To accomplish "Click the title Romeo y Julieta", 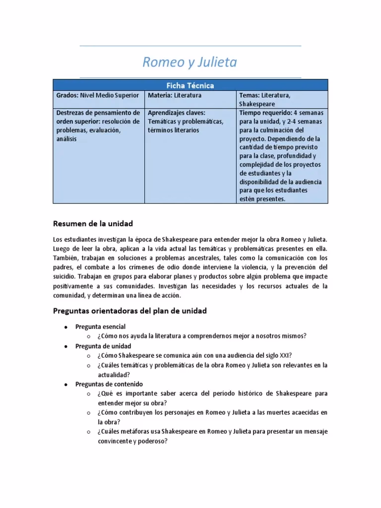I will point(190,62).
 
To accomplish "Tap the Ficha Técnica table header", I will point(190,85).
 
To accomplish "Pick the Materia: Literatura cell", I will point(174,95).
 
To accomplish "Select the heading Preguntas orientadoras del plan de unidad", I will point(129,311).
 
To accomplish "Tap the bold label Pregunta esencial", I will point(100,326).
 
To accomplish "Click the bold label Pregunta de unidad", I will point(103,346).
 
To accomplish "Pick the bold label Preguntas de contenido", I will point(109,384).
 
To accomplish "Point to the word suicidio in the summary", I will point(65,276).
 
